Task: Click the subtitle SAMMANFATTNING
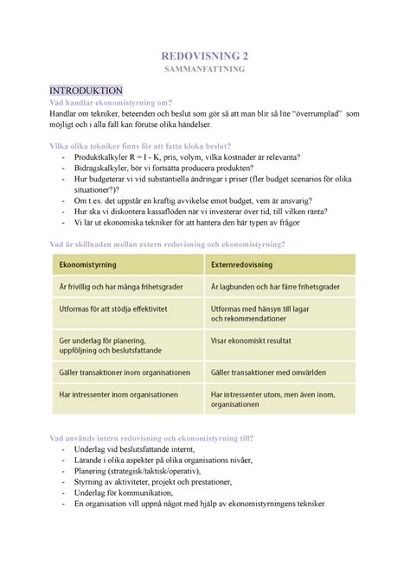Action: pyautogui.click(x=204, y=72)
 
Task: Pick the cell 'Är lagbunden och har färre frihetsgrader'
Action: pyautogui.click(x=275, y=286)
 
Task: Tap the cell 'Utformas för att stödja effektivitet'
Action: pyautogui.click(x=112, y=308)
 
